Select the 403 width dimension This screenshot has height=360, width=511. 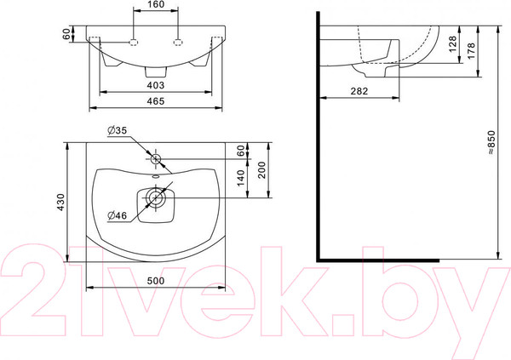pos(155,85)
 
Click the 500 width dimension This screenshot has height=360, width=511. pos(156,280)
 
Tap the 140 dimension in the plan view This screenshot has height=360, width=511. pos(241,178)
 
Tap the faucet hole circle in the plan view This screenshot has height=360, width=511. pos(157,159)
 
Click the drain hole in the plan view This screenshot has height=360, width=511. pos(157,198)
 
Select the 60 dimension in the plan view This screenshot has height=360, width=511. pos(241,150)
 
